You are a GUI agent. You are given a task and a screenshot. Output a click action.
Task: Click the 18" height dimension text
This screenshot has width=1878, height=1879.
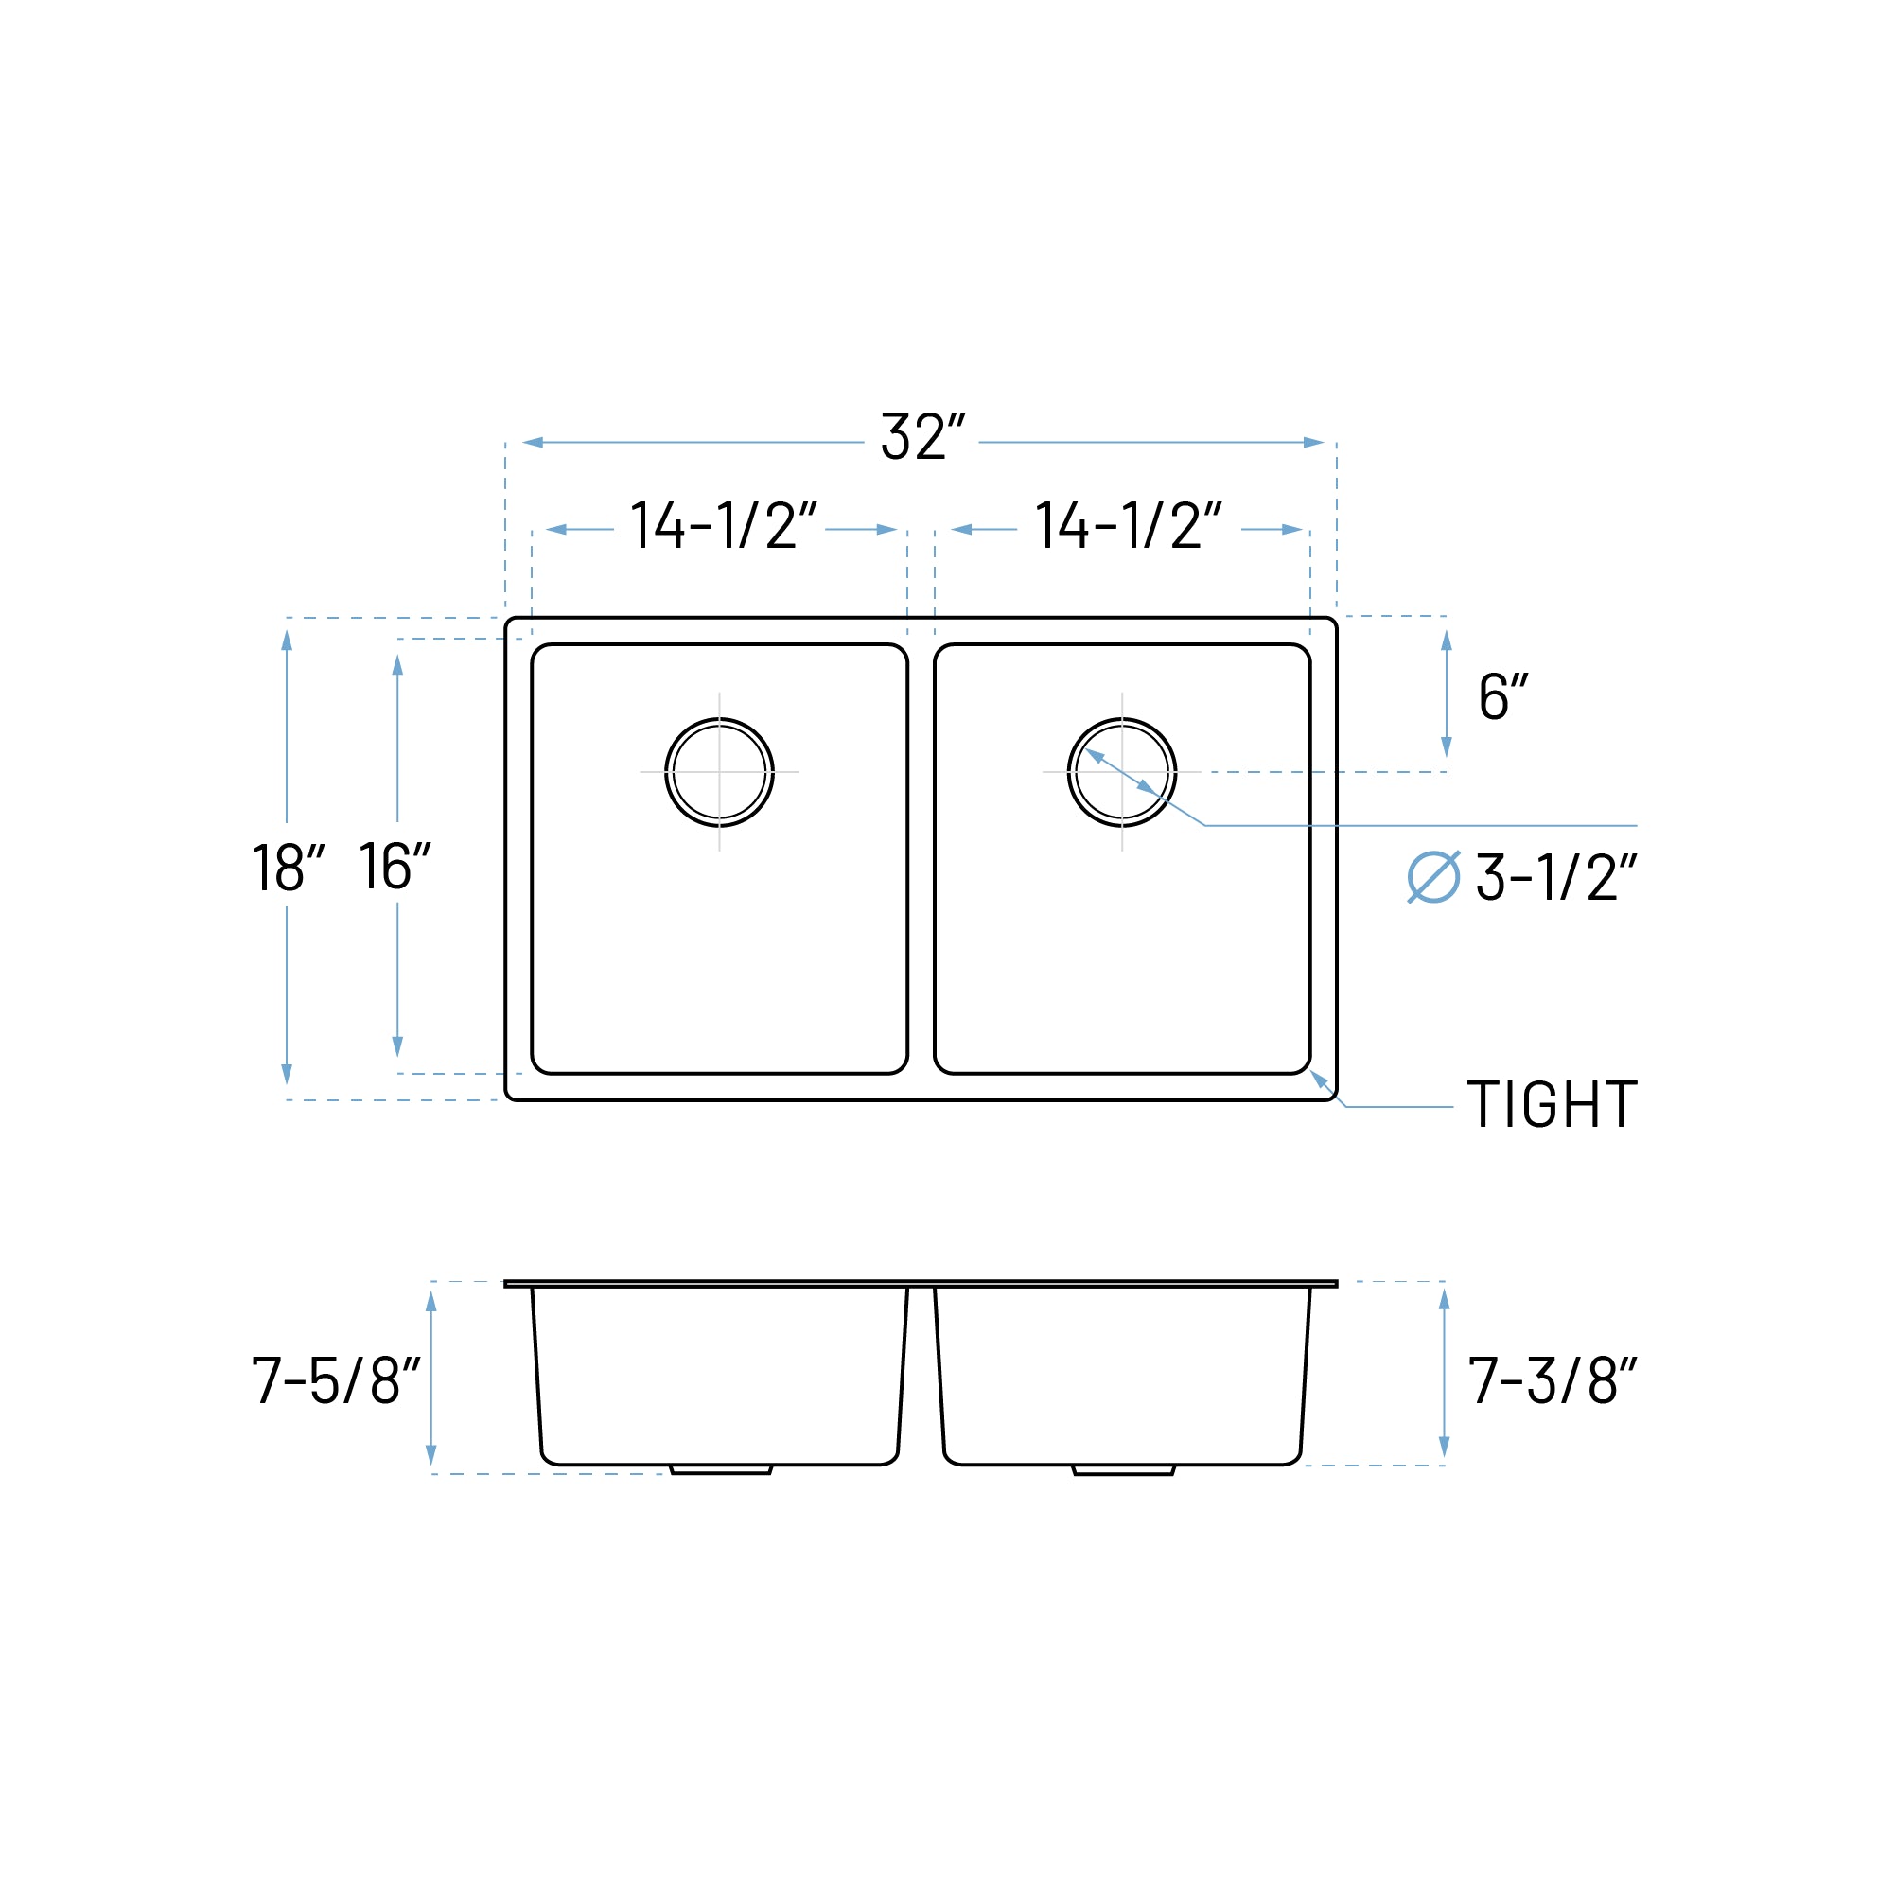point(287,867)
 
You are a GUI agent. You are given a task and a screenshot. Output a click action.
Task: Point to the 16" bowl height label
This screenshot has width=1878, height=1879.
point(394,865)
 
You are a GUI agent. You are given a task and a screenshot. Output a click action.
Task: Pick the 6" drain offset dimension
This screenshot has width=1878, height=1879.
point(1501,696)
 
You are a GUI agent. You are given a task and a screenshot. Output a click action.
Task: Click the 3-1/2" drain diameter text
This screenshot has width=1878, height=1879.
point(1555,877)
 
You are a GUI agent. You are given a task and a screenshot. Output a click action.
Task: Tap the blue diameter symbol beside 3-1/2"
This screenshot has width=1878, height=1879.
point(1432,877)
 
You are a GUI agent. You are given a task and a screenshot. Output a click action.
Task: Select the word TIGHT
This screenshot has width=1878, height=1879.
point(1552,1105)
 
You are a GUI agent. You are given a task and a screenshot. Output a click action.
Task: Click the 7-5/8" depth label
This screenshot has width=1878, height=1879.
point(336,1380)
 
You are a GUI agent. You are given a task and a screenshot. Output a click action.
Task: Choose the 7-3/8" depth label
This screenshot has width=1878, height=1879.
point(1553,1380)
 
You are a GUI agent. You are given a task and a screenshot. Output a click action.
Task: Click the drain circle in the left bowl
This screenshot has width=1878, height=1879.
point(719,772)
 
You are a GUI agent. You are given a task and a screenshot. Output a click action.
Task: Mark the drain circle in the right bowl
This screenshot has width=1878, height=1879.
point(1121,772)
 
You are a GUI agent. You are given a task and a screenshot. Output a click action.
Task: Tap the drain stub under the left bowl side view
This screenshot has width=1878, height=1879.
point(721,1469)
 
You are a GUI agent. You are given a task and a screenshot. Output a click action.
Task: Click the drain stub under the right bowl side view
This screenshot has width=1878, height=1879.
point(1123,1470)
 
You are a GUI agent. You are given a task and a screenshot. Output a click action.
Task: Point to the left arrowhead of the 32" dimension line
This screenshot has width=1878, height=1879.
point(532,443)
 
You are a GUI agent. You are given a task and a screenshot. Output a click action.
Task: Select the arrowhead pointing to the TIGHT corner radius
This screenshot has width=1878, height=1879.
point(1318,1078)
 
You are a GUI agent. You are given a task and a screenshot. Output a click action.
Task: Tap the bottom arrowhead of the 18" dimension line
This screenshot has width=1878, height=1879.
point(286,1074)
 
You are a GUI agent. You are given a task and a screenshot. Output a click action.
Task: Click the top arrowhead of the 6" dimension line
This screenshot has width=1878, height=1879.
point(1446,640)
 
